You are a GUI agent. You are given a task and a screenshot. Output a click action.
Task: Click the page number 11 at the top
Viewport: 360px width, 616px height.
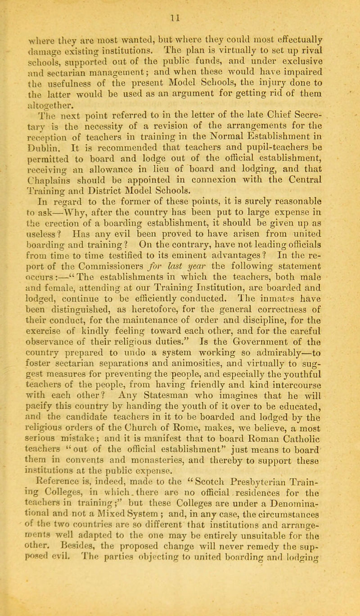pos(179,8)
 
